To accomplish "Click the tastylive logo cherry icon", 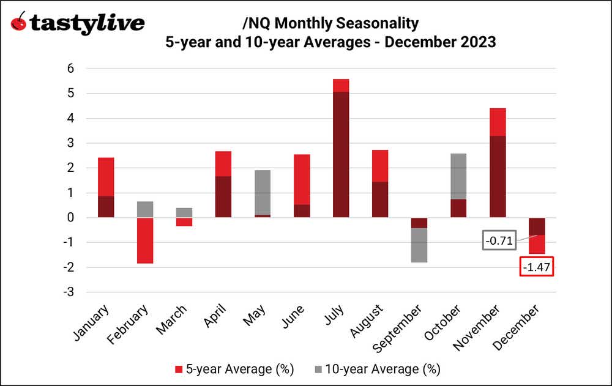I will coord(19,23).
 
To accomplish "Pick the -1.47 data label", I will coord(537,267).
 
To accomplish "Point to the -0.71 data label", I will coord(498,241).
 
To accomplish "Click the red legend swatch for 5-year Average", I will coord(179,369).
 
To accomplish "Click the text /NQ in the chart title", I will coord(256,24).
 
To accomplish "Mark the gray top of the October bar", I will coord(458,176).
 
